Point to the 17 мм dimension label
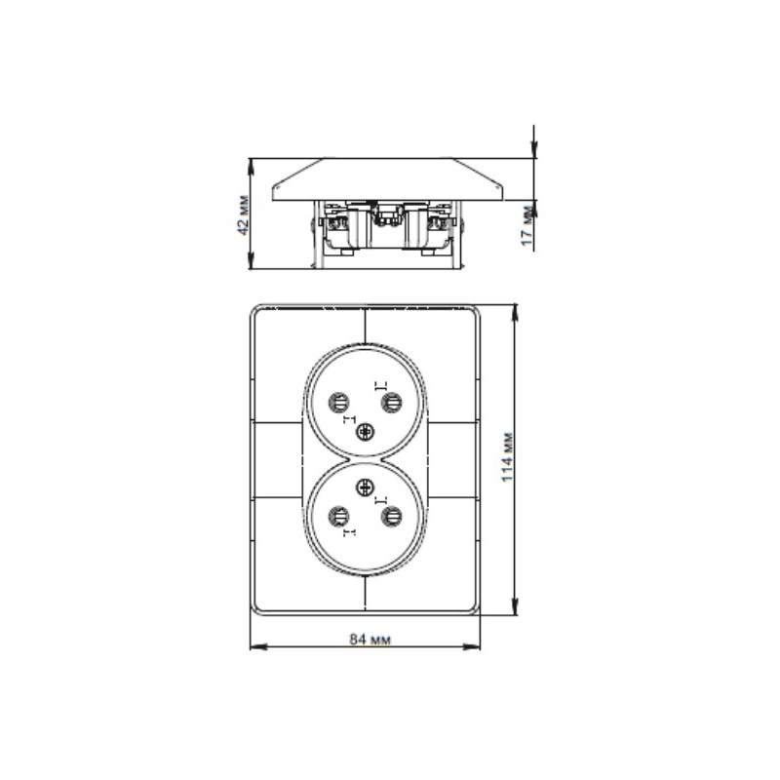pos(526,225)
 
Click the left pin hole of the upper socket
pos(340,401)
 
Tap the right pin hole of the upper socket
pos(391,401)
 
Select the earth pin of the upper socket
pos(366,432)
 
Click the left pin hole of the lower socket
pos(340,516)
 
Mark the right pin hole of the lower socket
pos(391,516)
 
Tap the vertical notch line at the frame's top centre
pos(366,323)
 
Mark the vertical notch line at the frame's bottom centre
pos(366,596)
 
